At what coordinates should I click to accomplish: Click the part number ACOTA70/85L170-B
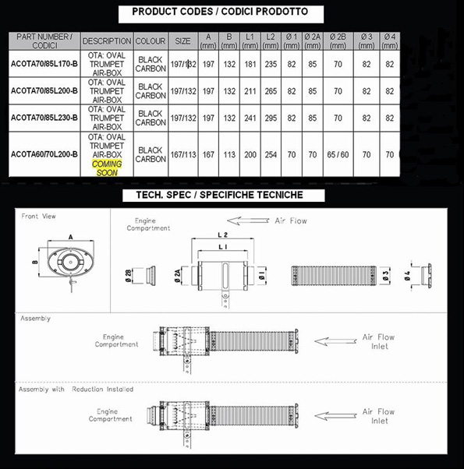coord(44,64)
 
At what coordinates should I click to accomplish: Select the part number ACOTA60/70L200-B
coord(44,154)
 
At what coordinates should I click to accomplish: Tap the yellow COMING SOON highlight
coord(107,168)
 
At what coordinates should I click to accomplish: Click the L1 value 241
coord(250,118)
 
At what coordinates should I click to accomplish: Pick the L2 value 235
coord(271,65)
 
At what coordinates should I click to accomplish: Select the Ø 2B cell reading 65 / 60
coord(338,154)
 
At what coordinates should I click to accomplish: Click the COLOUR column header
coord(151,41)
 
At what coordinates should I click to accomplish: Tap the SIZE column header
coord(182,41)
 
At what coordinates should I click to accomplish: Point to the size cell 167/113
coord(183,154)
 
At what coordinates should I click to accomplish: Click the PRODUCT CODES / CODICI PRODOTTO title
coord(220,12)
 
